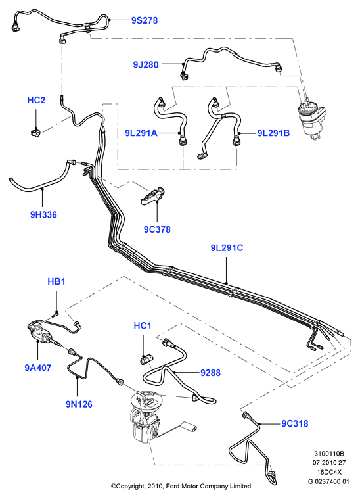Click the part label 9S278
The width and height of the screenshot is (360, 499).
pyautogui.click(x=145, y=20)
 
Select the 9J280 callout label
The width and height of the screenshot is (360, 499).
pyautogui.click(x=146, y=65)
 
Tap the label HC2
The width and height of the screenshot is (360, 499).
pyautogui.click(x=36, y=100)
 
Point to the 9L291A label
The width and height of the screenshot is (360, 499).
pyautogui.click(x=141, y=133)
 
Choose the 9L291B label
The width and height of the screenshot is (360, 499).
pyautogui.click(x=273, y=133)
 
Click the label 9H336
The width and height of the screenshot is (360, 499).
pyautogui.click(x=43, y=214)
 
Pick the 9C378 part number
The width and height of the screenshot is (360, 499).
pyautogui.click(x=157, y=229)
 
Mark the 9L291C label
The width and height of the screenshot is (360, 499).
pyautogui.click(x=227, y=248)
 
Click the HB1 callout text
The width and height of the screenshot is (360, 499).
pyautogui.click(x=56, y=281)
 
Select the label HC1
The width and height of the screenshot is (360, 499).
pyautogui.click(x=143, y=326)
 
